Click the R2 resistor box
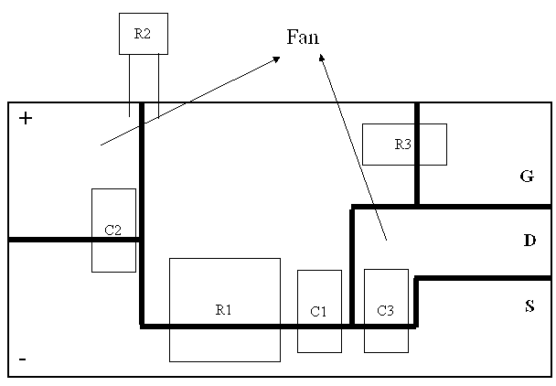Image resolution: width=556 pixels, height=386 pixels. point(143,34)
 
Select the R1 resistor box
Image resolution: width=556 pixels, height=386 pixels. point(224,284)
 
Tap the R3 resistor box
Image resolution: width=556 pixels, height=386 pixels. point(404,144)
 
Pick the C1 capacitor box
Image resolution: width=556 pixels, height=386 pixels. point(319,311)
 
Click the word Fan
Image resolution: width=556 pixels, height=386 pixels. point(303,37)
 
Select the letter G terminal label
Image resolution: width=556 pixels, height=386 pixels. point(526,177)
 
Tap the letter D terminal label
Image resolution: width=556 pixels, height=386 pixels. point(529,241)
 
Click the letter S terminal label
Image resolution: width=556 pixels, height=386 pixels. point(529,306)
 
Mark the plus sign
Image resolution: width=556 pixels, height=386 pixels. point(26,118)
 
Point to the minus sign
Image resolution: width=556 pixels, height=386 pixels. point(22,359)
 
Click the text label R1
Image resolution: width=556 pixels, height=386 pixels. point(224,310)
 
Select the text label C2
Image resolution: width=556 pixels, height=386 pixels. point(112,230)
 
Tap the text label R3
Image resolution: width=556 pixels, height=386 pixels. point(403,144)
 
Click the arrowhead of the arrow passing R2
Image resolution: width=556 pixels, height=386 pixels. point(276,59)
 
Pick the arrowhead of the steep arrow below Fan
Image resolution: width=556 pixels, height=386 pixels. point(321,58)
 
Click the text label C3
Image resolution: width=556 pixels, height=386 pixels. point(386,312)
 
